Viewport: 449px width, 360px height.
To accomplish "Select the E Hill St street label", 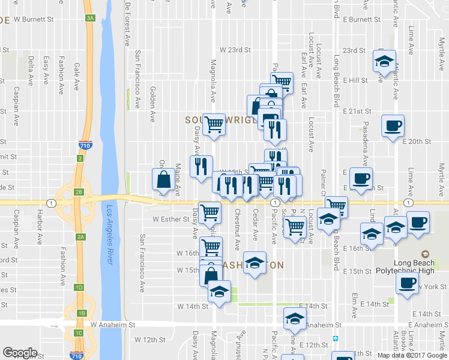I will (355, 80).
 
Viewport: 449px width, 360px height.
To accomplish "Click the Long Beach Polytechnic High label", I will (421, 267).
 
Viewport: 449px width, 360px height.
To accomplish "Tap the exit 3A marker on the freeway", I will (91, 19).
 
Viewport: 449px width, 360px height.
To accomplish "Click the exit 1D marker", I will (79, 287).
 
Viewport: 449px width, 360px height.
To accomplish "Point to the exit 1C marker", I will (79, 332).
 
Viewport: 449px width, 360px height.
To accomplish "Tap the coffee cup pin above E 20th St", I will (393, 126).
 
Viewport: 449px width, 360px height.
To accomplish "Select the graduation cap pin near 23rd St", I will (384, 61).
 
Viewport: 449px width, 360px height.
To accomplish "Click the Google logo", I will (20, 353).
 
